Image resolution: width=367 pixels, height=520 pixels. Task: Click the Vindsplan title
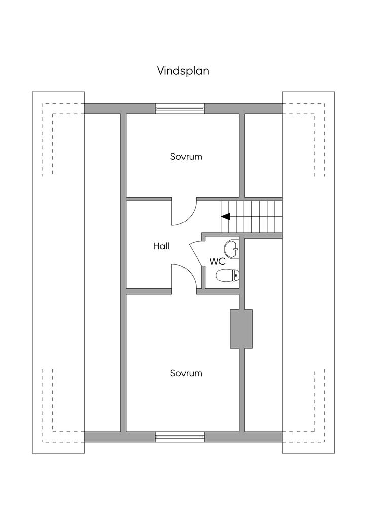pos(183,71)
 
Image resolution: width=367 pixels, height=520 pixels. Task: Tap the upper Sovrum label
pos(186,156)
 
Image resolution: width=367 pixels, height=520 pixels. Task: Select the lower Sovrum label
pos(186,373)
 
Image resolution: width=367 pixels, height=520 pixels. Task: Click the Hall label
pos(161,246)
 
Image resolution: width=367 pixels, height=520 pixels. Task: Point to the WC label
pos(217,262)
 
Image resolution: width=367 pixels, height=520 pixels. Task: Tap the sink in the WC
pos(232,247)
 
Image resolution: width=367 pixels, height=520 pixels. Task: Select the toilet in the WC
pos(227,276)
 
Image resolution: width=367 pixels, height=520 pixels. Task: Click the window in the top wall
pos(180,108)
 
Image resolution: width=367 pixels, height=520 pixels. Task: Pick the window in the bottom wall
pos(180,436)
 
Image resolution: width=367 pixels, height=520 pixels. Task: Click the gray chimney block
pos(241,329)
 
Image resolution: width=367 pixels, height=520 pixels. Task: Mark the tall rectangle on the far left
pos(58,272)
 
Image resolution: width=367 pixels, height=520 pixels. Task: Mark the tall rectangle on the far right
pos(308,272)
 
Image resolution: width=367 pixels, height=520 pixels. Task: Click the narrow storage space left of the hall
pos(102,272)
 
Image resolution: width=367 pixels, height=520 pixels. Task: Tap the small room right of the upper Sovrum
pos(264,155)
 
